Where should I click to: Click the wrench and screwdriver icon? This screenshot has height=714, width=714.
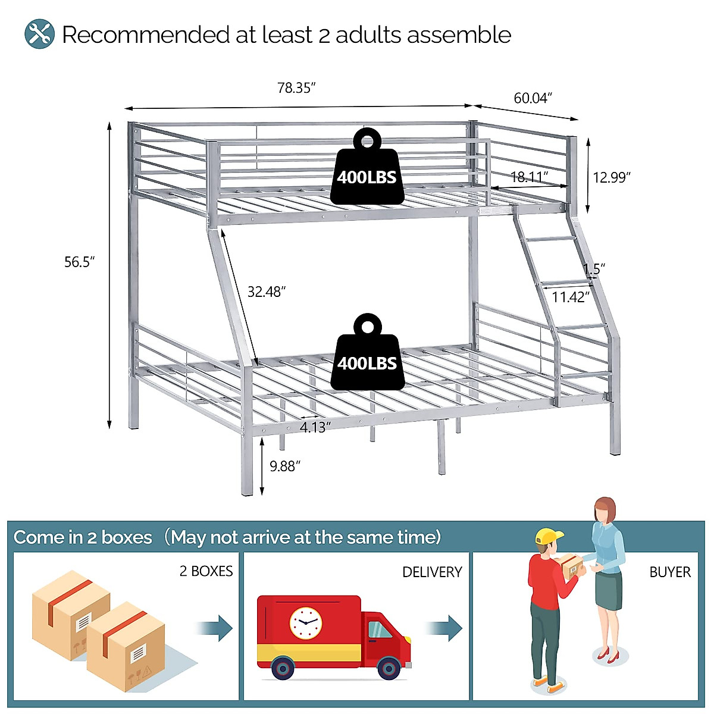pos(39,35)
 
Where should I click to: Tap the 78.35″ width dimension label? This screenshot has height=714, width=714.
pos(296,88)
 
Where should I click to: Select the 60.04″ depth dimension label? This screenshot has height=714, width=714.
pos(533,98)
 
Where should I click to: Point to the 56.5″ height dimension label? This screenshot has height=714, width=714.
pos(80,262)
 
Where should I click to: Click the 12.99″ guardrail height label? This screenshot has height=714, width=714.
pos(611,177)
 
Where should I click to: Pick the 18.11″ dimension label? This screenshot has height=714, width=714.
pos(529,177)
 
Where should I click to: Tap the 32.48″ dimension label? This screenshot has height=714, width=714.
pos(267,292)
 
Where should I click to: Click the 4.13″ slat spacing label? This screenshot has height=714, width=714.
pos(315,427)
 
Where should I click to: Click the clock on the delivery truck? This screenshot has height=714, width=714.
pos(306,623)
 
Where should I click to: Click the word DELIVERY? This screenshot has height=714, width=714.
pos(432,572)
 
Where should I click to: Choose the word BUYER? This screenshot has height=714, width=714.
pos(670,572)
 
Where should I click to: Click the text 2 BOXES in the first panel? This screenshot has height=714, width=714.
pos(206,571)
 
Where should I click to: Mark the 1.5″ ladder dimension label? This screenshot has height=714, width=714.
pos(594,269)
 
